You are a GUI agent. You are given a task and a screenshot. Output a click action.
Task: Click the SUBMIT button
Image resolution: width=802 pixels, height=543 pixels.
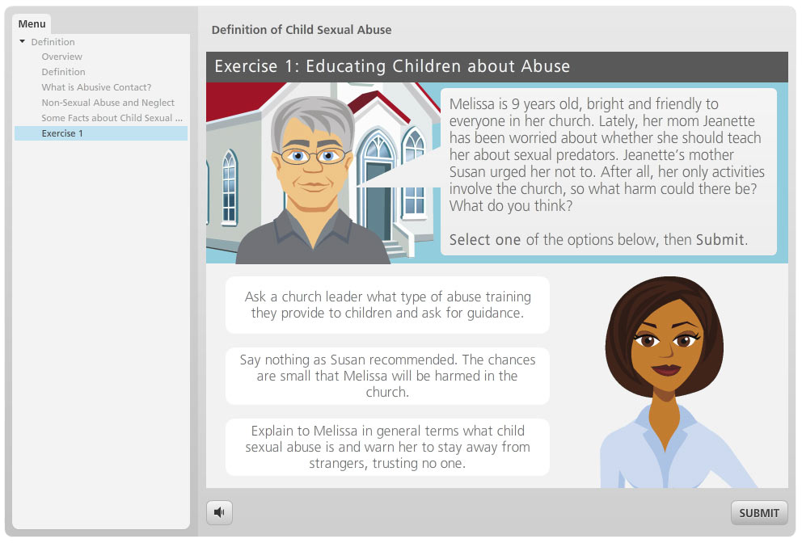click(x=758, y=512)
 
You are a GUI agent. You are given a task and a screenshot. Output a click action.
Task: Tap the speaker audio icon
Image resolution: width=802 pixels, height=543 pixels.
click(x=219, y=511)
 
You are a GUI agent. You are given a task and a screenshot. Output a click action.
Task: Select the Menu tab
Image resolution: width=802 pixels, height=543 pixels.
click(x=32, y=23)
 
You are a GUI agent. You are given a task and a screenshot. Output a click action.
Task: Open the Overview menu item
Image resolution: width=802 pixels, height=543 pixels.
click(x=62, y=57)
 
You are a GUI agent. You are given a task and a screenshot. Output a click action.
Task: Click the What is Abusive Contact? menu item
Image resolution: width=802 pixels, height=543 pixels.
click(x=96, y=87)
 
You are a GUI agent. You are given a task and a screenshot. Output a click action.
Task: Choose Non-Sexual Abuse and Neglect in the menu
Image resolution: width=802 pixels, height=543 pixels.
click(x=108, y=103)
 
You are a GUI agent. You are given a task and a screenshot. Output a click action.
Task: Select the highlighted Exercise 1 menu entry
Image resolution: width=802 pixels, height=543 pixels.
click(x=62, y=133)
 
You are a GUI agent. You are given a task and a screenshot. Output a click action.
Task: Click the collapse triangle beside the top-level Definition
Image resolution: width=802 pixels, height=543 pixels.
click(x=22, y=42)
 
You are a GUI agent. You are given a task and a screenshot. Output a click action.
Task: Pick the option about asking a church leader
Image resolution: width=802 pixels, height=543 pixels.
click(x=387, y=305)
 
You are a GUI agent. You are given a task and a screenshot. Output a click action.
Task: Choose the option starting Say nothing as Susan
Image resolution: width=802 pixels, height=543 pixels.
click(x=387, y=376)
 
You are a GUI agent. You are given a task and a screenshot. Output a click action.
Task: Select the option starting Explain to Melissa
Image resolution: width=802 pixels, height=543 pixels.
click(x=387, y=447)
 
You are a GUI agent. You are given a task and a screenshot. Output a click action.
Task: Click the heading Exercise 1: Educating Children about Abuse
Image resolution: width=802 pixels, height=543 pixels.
click(x=392, y=66)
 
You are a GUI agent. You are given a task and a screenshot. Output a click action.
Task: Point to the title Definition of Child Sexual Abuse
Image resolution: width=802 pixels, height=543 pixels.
click(x=301, y=30)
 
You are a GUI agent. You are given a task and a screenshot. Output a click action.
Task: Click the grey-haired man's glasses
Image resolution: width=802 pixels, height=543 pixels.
click(x=311, y=155)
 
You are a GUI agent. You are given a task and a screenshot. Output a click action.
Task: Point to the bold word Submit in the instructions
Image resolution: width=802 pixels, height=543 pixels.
click(x=720, y=239)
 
